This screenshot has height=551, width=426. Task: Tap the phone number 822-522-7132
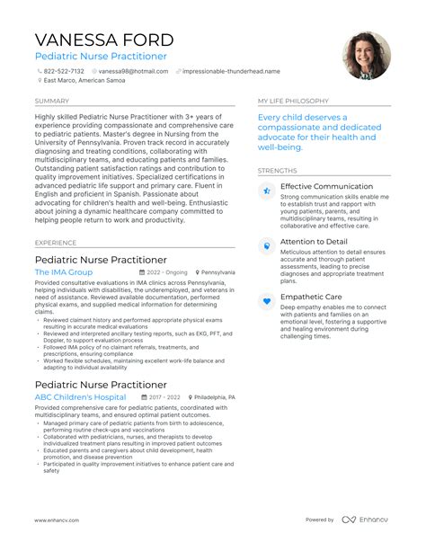[63, 71]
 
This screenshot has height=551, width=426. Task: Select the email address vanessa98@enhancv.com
[131, 71]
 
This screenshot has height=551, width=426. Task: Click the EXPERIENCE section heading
[56, 243]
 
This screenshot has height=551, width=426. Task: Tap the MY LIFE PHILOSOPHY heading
[294, 102]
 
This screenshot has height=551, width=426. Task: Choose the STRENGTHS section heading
[277, 171]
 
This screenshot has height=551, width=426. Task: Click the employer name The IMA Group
[64, 271]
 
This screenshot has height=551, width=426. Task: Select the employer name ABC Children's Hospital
[81, 396]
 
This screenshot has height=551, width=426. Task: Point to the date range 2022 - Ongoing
[167, 271]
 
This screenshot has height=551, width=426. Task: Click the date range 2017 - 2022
[164, 396]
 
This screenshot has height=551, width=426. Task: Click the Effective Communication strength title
[326, 186]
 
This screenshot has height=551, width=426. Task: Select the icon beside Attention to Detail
[266, 245]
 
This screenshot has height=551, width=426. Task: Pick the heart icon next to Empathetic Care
[266, 301]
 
